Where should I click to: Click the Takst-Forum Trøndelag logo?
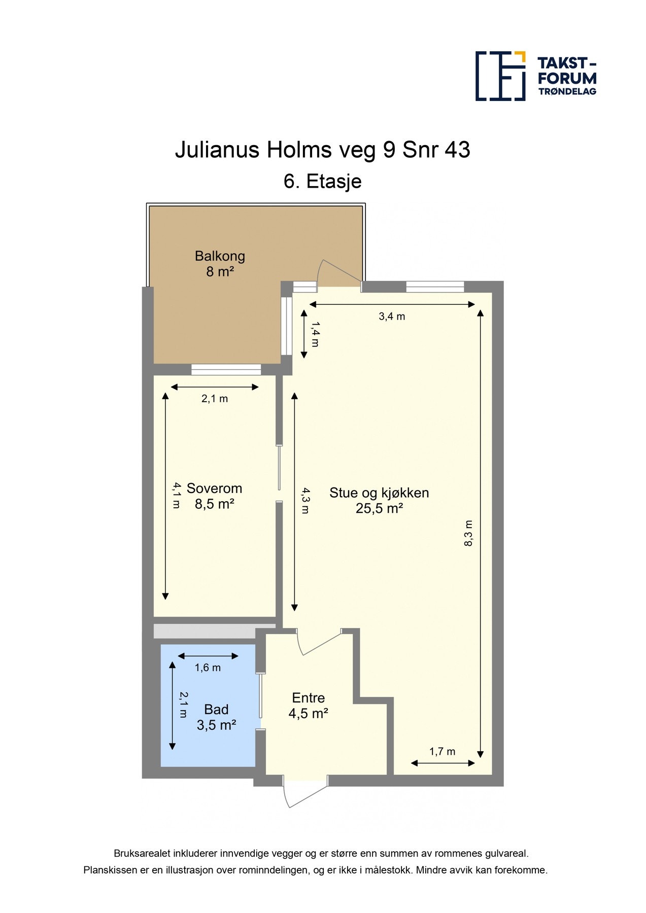tap(535, 76)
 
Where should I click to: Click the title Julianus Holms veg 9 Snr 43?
tap(322, 150)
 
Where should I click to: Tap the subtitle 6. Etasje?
tap(322, 182)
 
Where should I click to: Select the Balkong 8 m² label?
tap(220, 264)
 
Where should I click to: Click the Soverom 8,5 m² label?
tap(214, 496)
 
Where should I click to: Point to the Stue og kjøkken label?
tap(379, 493)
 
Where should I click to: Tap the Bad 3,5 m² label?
tap(216, 717)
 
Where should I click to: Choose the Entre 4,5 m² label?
tap(308, 706)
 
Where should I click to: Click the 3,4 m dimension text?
tap(392, 317)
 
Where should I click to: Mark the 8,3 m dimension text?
tap(468, 533)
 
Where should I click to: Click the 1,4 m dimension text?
tap(315, 334)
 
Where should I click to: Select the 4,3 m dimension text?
tap(304, 501)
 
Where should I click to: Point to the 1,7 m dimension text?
tap(442, 752)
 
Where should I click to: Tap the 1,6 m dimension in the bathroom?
tap(208, 668)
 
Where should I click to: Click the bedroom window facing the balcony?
tap(226, 369)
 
